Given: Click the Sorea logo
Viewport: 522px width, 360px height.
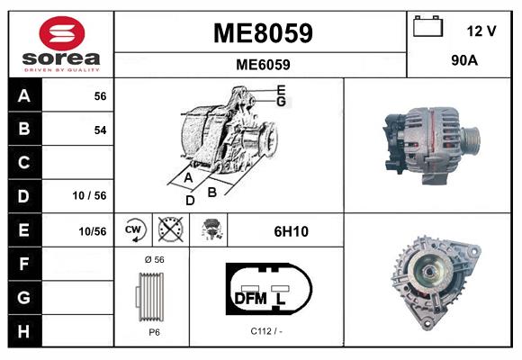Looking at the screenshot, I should point(61,44).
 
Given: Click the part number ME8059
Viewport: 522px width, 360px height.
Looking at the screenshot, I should point(262,33).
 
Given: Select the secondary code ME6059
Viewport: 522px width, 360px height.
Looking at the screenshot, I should point(262,64).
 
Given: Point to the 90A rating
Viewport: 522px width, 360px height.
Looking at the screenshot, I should point(463,62).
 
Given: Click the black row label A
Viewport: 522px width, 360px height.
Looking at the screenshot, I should point(23,95).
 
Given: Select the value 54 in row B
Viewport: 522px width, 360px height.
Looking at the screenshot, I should point(100,130).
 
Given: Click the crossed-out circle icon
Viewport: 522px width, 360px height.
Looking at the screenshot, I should point(169,230).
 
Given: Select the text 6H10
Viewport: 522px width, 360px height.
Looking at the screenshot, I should point(291,231).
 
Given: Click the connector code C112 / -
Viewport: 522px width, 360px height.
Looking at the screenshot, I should point(266,331).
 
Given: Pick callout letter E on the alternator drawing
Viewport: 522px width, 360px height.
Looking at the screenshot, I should point(282,89).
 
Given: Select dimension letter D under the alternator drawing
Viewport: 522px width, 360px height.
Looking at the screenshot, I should point(189,201).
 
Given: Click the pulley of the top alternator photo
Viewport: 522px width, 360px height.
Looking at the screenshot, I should point(469,140).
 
